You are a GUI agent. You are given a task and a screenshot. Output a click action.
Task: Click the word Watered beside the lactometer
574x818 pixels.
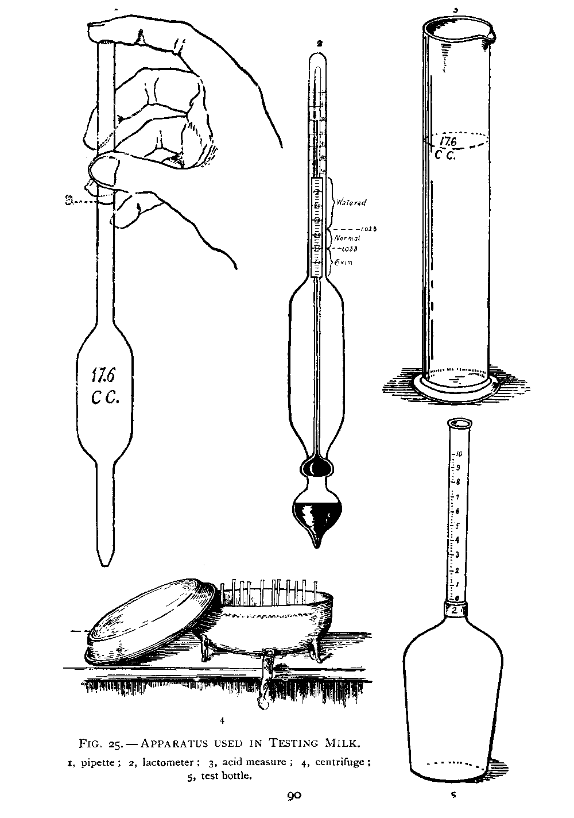tap(352, 202)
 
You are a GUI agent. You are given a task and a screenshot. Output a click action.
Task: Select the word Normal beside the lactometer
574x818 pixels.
tap(347, 238)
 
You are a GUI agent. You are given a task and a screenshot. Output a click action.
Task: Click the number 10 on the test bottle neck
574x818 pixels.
tap(460, 454)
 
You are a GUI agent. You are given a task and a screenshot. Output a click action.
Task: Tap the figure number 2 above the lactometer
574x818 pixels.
tap(319, 43)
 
